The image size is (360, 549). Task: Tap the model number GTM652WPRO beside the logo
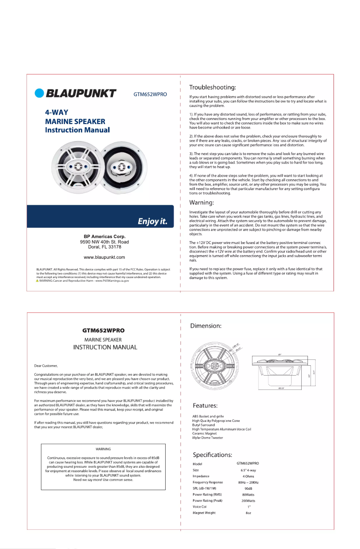tap(150, 94)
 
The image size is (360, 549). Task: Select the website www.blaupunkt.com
tap(104, 257)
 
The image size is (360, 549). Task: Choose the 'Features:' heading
tap(206, 406)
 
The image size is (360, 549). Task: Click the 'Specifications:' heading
tap(213, 455)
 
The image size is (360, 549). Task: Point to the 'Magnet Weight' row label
tap(204, 513)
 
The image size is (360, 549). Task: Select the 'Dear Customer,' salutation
tap(46, 365)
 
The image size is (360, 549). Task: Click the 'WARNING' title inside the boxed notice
tap(104, 449)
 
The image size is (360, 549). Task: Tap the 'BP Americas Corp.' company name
tap(104, 237)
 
